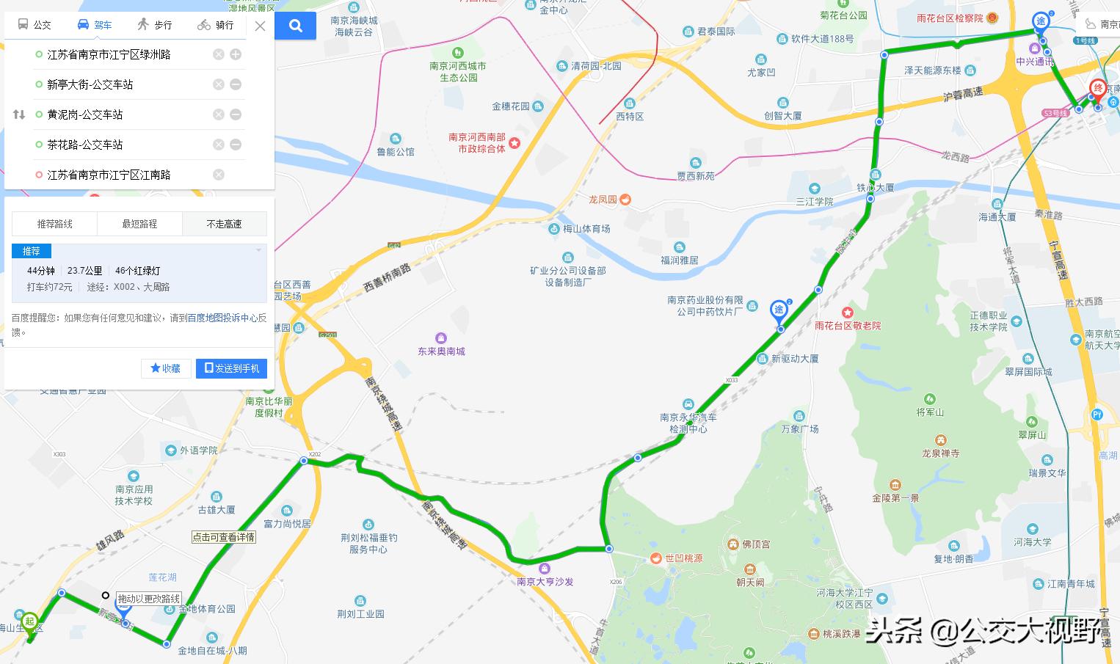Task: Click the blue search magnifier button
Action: [296, 26]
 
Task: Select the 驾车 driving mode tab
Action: [95, 25]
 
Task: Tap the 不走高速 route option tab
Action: [224, 224]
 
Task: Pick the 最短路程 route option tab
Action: [139, 224]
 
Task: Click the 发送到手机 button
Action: [231, 368]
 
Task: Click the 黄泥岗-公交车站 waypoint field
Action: [85, 114]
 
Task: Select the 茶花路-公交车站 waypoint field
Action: [85, 145]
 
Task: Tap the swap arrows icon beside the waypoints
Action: [19, 114]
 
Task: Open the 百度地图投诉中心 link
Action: [222, 318]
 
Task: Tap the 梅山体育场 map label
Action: [586, 229]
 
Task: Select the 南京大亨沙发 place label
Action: [545, 581]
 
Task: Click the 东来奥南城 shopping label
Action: [441, 351]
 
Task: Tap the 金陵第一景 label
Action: [895, 497]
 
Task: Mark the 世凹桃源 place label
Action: [683, 558]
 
